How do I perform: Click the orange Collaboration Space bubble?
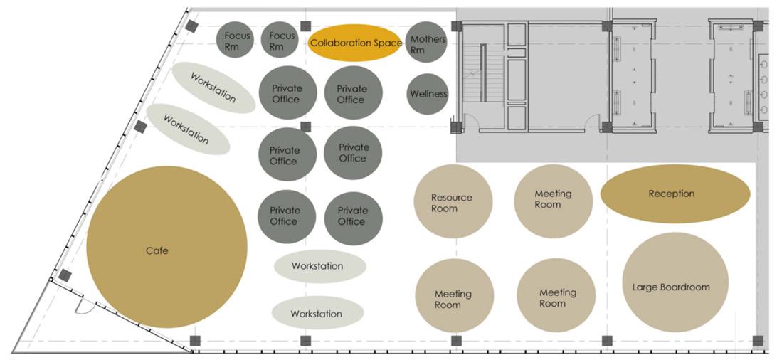[x=355, y=43]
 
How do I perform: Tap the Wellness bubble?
[x=428, y=93]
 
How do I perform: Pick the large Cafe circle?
[x=166, y=248]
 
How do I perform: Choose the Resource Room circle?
[x=453, y=201]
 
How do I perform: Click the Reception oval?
[x=675, y=194]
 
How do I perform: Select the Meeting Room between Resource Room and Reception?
[x=553, y=200]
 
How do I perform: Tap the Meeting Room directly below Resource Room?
[x=453, y=296]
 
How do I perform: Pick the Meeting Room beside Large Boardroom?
[x=556, y=295]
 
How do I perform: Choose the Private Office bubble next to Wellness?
[x=353, y=93]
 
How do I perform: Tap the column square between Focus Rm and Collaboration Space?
[x=305, y=26]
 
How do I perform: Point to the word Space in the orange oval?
[x=388, y=43]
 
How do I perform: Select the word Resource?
[x=451, y=197]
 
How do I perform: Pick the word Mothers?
[x=428, y=39]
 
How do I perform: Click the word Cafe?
[x=157, y=250]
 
